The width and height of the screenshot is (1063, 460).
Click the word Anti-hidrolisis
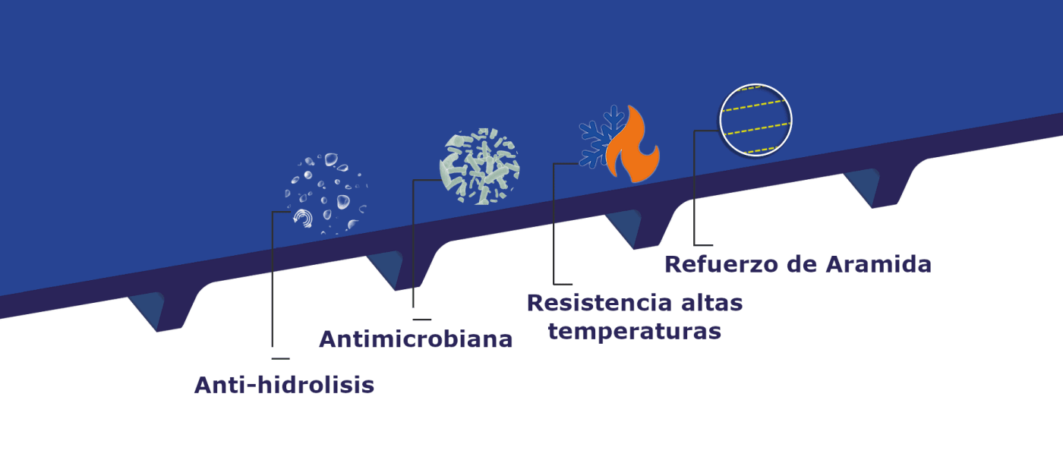pyautogui.click(x=284, y=386)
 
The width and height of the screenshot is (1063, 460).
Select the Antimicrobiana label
pyautogui.click(x=415, y=339)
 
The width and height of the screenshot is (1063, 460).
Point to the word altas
pyautogui.click(x=710, y=303)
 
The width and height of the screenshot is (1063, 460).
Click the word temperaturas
pyautogui.click(x=634, y=332)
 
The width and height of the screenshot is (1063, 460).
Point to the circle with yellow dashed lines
pyautogui.click(x=755, y=120)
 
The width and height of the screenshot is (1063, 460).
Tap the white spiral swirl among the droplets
pyautogui.click(x=303, y=219)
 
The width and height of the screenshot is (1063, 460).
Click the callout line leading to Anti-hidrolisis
pyautogui.click(x=272, y=288)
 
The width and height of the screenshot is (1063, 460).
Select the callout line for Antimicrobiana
pyautogui.click(x=413, y=250)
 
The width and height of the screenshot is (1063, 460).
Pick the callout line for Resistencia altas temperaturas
pyautogui.click(x=554, y=228)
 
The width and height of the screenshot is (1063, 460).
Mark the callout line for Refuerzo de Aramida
pyautogui.click(x=694, y=190)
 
